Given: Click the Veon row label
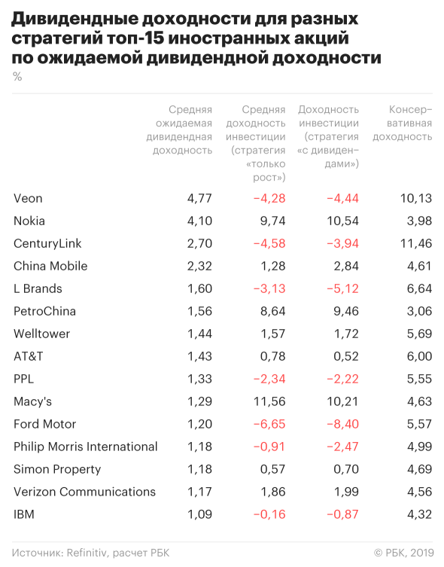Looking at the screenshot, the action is pyautogui.click(x=28, y=198).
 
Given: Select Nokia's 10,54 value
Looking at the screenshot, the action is pyautogui.click(x=342, y=221).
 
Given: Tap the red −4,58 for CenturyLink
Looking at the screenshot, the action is pyautogui.click(x=269, y=243).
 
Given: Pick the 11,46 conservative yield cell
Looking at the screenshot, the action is pyautogui.click(x=416, y=243).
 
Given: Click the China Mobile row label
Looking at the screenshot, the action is pyautogui.click(x=50, y=266).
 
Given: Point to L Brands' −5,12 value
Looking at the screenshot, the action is pyautogui.click(x=342, y=288).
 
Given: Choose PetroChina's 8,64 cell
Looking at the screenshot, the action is pyautogui.click(x=272, y=311).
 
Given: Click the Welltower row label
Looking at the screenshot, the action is pyautogui.click(x=42, y=334).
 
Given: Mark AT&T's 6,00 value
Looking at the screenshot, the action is pyautogui.click(x=419, y=356).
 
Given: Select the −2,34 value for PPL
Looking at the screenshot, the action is pyautogui.click(x=269, y=379).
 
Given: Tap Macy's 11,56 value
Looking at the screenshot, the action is pyautogui.click(x=269, y=401).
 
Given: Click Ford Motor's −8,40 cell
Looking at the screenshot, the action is pyautogui.click(x=342, y=424).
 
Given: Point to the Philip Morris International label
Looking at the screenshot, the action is pyautogui.click(x=86, y=447).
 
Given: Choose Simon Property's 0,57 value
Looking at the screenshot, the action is pyautogui.click(x=272, y=469).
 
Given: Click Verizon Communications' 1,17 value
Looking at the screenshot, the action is pyautogui.click(x=199, y=492).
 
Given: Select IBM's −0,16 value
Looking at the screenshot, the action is pyautogui.click(x=269, y=514).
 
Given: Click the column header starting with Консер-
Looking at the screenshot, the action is pyautogui.click(x=403, y=123).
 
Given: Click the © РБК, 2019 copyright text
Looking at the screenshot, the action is pyautogui.click(x=404, y=553).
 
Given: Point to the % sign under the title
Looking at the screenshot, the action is pyautogui.click(x=17, y=76).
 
